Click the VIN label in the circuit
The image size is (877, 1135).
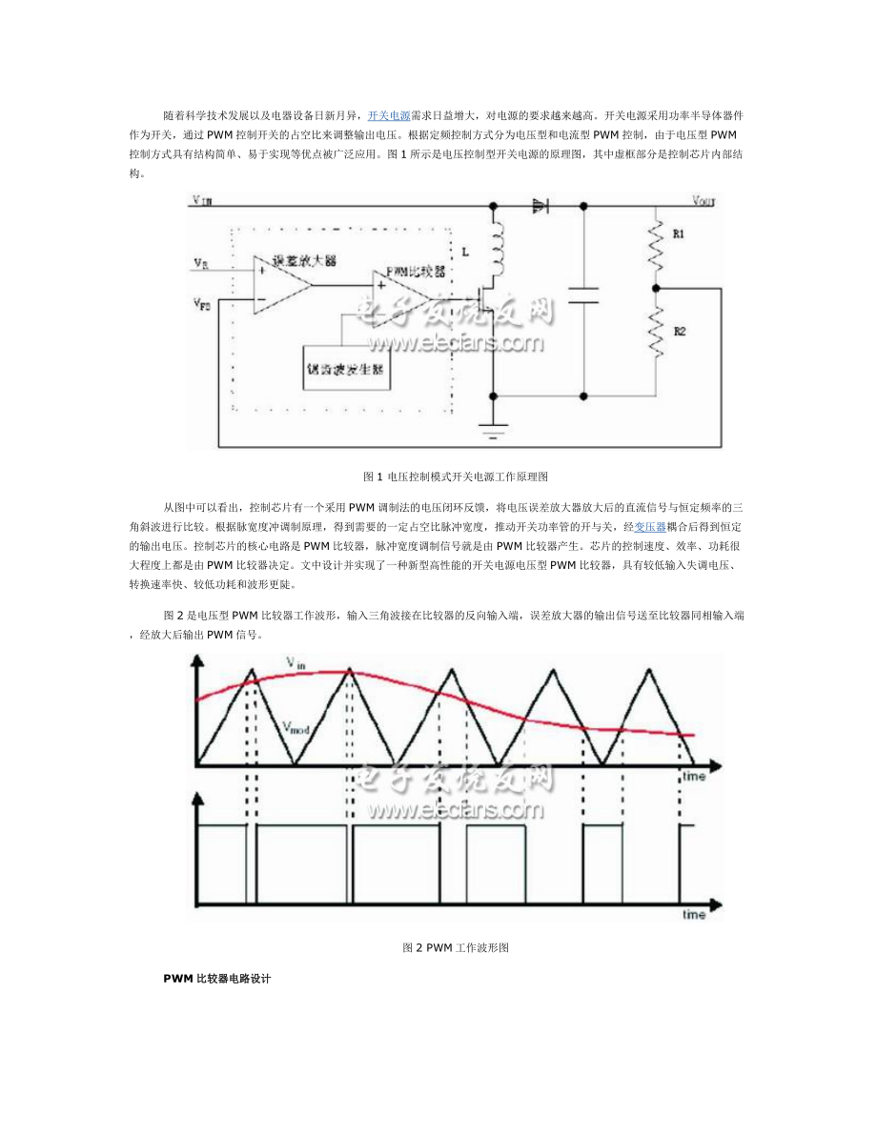(201, 201)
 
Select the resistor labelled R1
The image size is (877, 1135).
(656, 243)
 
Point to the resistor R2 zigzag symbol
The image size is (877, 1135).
(656, 329)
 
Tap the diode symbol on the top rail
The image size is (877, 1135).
(540, 204)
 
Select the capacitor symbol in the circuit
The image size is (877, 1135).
(582, 294)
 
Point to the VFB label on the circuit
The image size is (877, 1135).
(201, 304)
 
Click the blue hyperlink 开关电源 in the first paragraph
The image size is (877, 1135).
(389, 114)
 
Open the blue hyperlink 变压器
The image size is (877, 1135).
(650, 526)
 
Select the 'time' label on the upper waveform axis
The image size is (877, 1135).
(693, 777)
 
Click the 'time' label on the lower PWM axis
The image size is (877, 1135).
(693, 915)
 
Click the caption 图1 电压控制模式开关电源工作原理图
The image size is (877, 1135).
(456, 476)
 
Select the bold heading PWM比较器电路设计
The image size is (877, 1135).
(217, 979)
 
